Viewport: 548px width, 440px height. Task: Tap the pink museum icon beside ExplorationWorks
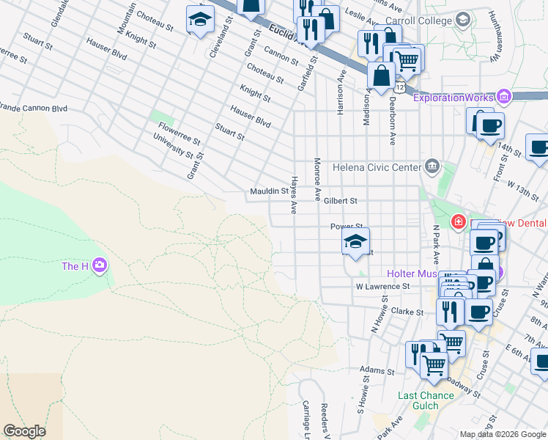503,97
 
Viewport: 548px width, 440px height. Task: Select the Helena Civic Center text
377,167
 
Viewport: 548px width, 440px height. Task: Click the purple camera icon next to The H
100,265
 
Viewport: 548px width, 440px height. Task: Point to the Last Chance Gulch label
426,401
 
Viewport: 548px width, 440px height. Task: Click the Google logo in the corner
24,431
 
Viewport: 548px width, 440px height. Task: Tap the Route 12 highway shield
399,87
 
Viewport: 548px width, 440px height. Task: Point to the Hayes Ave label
294,195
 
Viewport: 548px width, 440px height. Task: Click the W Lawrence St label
381,287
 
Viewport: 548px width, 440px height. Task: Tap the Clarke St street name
408,312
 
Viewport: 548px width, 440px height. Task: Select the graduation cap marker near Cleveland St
199,21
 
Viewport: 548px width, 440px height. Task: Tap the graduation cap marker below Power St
355,242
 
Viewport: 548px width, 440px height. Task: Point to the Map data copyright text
503,434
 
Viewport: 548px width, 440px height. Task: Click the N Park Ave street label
436,244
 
